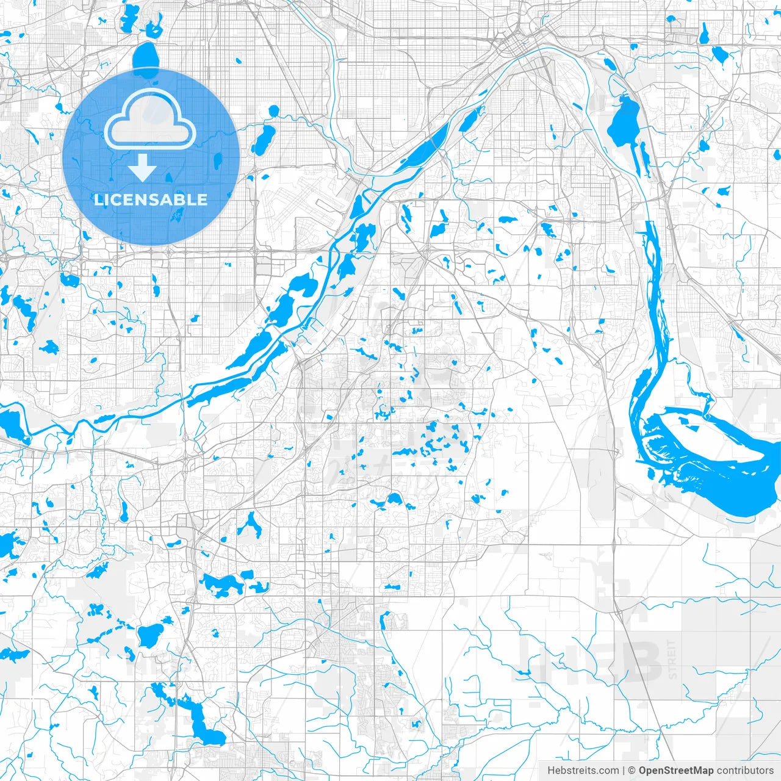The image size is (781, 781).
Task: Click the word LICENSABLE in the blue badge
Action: pyautogui.click(x=151, y=200)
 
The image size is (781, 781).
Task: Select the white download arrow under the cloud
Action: pyautogui.click(x=143, y=167)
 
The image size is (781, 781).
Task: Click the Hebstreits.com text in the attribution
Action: pyautogui.click(x=583, y=771)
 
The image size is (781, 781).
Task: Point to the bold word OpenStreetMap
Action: pyautogui.click(x=675, y=771)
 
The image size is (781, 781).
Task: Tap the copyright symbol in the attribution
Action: pyautogui.click(x=632, y=771)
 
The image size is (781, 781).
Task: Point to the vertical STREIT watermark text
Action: pyautogui.click(x=672, y=659)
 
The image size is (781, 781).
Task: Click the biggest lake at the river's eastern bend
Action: pyautogui.click(x=720, y=464)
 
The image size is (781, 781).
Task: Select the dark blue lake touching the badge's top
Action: pyautogui.click(x=145, y=58)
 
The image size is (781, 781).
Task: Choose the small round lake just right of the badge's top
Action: pyautogui.click(x=273, y=110)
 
